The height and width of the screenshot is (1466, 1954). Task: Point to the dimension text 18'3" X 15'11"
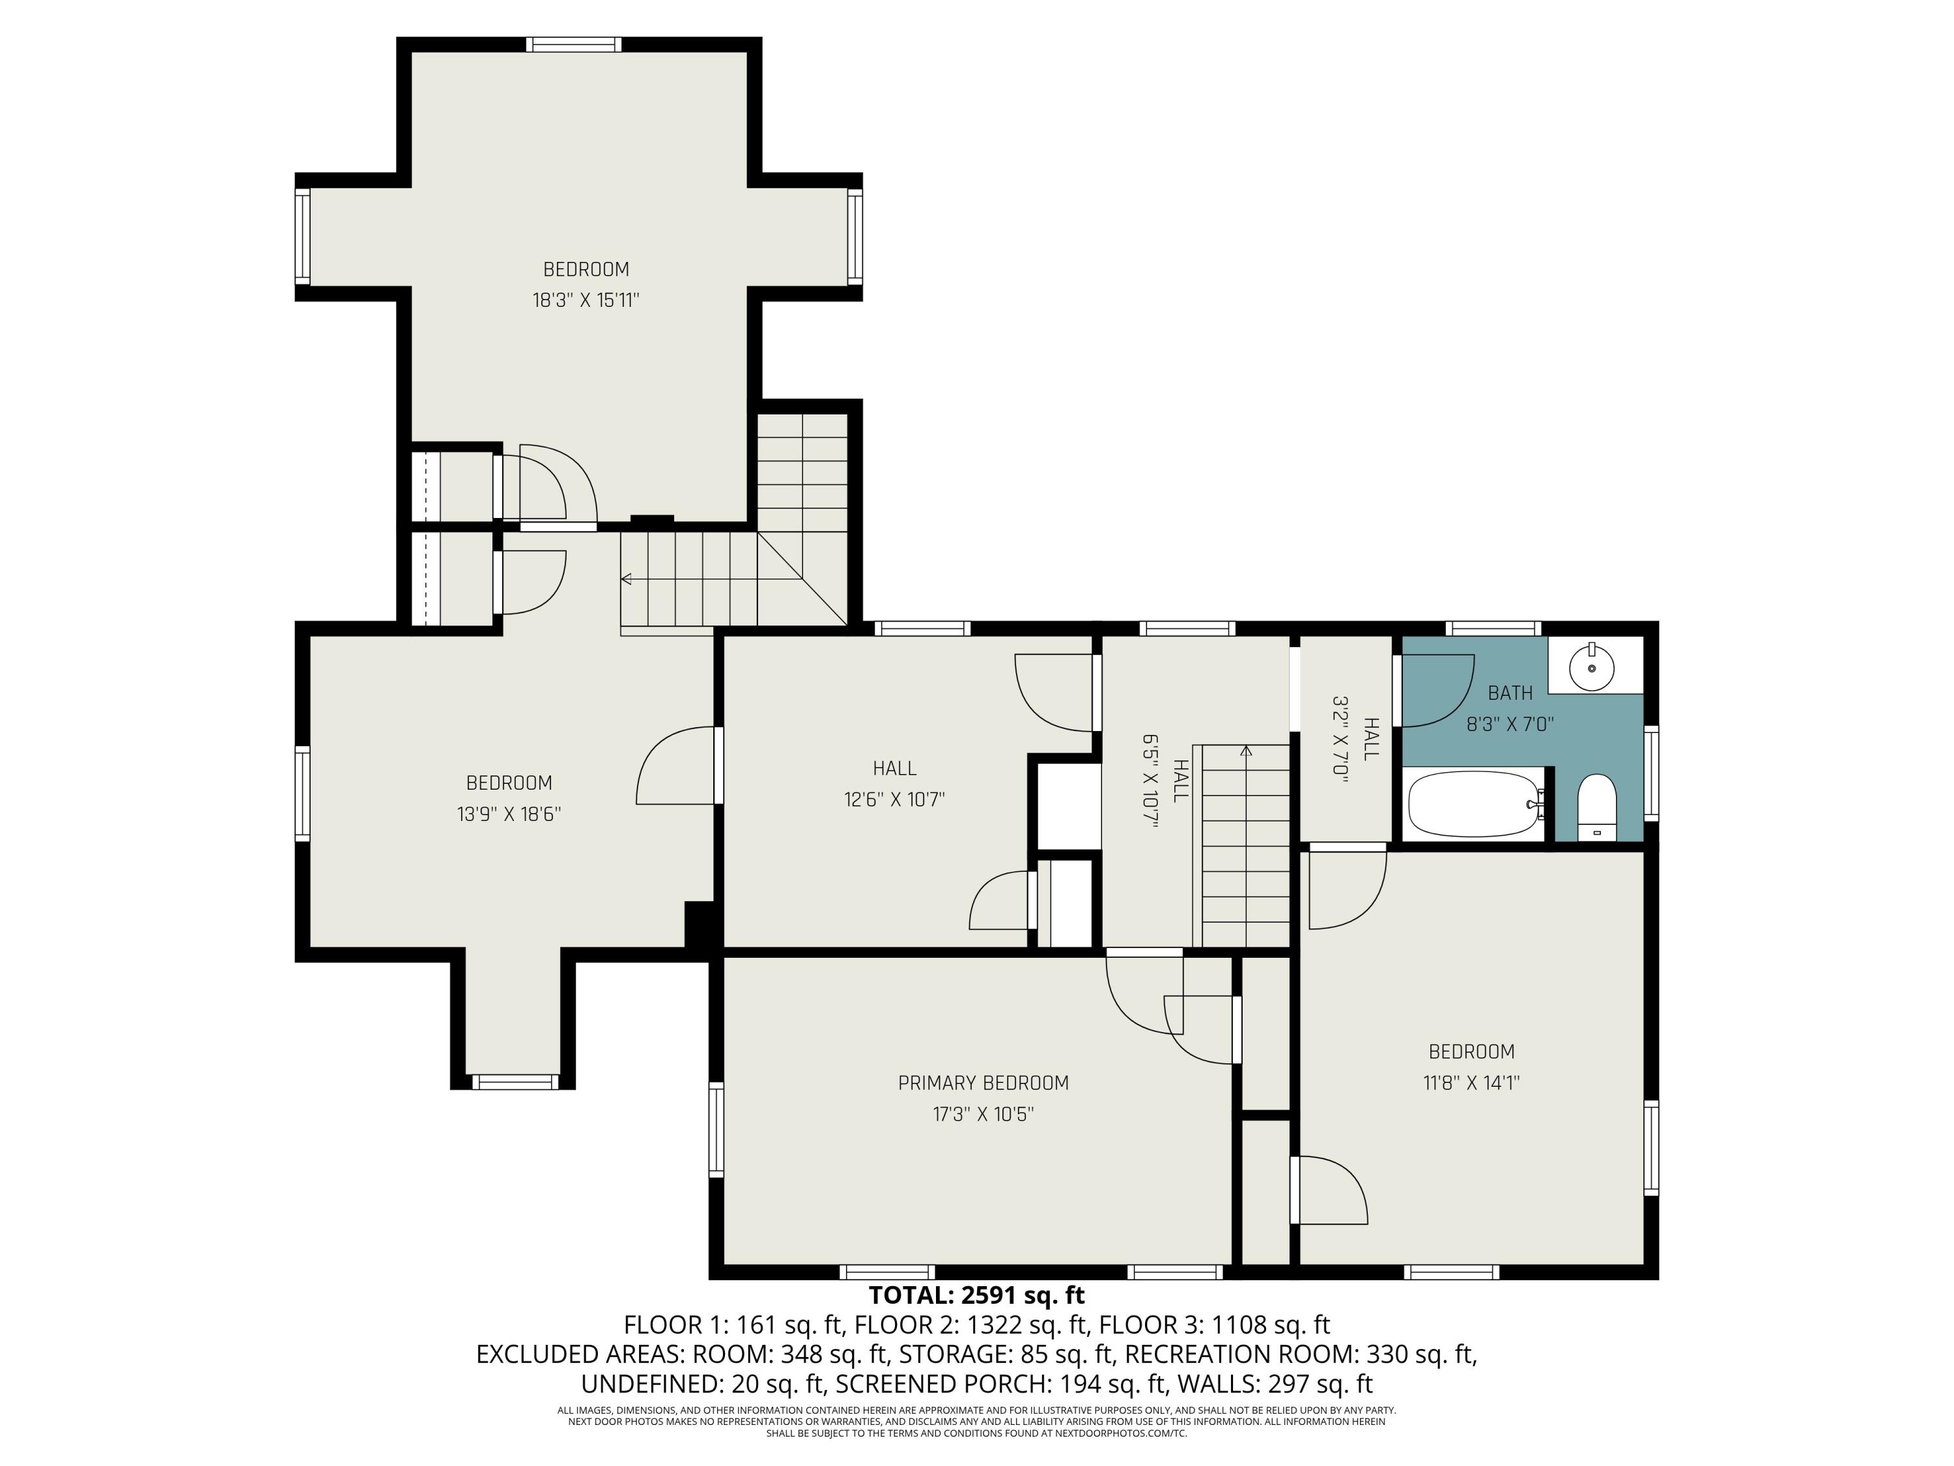586,300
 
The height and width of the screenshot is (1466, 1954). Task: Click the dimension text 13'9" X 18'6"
509,814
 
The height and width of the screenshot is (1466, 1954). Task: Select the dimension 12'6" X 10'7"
894,799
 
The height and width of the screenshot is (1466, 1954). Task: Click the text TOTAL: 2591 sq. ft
976,1295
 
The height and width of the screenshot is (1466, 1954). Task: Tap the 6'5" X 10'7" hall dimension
1150,781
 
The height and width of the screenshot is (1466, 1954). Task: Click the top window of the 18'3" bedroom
574,44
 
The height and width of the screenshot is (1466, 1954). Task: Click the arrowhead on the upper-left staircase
627,580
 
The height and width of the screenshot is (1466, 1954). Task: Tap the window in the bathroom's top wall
1494,628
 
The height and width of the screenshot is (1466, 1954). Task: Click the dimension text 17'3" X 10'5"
983,1114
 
